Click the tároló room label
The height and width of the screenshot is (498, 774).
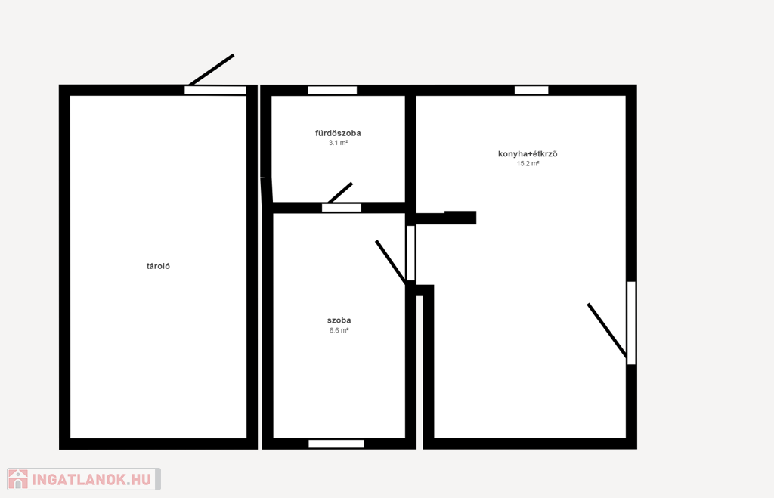pos(158,266)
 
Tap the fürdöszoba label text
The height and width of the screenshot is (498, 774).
pos(338,133)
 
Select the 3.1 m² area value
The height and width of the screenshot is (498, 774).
pos(338,143)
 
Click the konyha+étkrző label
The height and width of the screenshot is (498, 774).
pos(528,154)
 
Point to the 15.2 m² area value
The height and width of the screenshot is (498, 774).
pos(528,163)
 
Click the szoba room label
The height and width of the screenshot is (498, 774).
pos(339,320)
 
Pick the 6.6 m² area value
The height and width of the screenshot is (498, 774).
pos(339,330)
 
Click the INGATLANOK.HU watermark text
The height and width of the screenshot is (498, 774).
pos(91,479)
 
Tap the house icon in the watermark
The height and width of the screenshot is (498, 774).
pos(18,479)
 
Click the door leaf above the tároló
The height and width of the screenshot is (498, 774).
pos(212,70)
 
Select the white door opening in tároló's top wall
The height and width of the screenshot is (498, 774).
pos(215,91)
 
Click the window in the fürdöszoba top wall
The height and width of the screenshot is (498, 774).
pos(333,91)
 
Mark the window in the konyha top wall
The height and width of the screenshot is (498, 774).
pos(531,90)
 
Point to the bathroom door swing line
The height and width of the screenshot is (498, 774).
pos(340,193)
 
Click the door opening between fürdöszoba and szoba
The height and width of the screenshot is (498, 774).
pos(342,208)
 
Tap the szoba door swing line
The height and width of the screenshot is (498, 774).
pos(391,262)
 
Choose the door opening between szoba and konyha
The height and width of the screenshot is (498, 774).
pos(410,252)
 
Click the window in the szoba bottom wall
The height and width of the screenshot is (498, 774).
pos(336,444)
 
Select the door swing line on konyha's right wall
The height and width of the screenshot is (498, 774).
pos(607,330)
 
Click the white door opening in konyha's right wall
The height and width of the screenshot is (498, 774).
pos(631,323)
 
